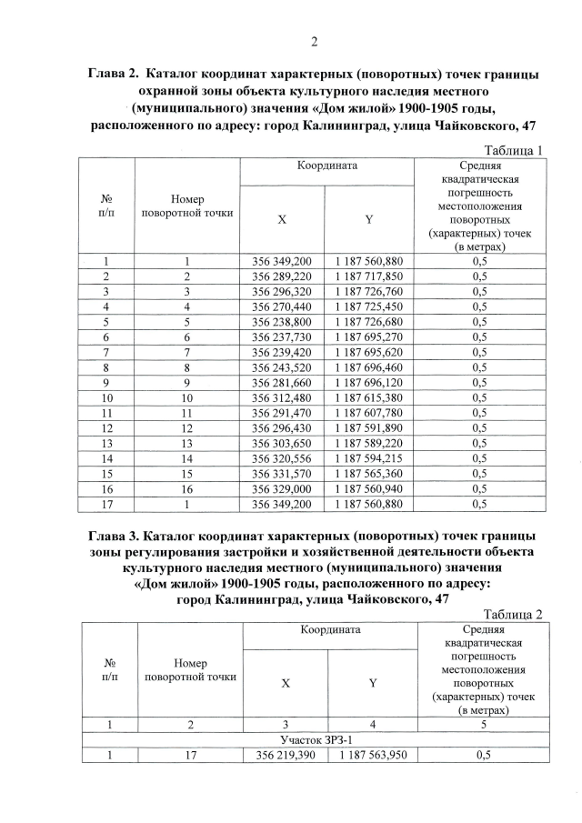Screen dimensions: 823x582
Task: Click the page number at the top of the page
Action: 314,41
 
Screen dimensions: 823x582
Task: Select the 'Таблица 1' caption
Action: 514,150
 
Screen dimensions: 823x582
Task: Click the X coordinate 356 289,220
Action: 281,276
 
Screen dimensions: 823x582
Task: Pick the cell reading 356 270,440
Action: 281,306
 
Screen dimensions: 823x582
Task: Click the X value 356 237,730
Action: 281,336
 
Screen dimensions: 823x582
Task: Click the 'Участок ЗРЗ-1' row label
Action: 314,740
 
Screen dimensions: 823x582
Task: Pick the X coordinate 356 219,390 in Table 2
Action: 286,756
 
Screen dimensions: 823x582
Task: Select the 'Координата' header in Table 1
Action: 326,167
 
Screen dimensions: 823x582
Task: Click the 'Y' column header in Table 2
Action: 373,683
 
